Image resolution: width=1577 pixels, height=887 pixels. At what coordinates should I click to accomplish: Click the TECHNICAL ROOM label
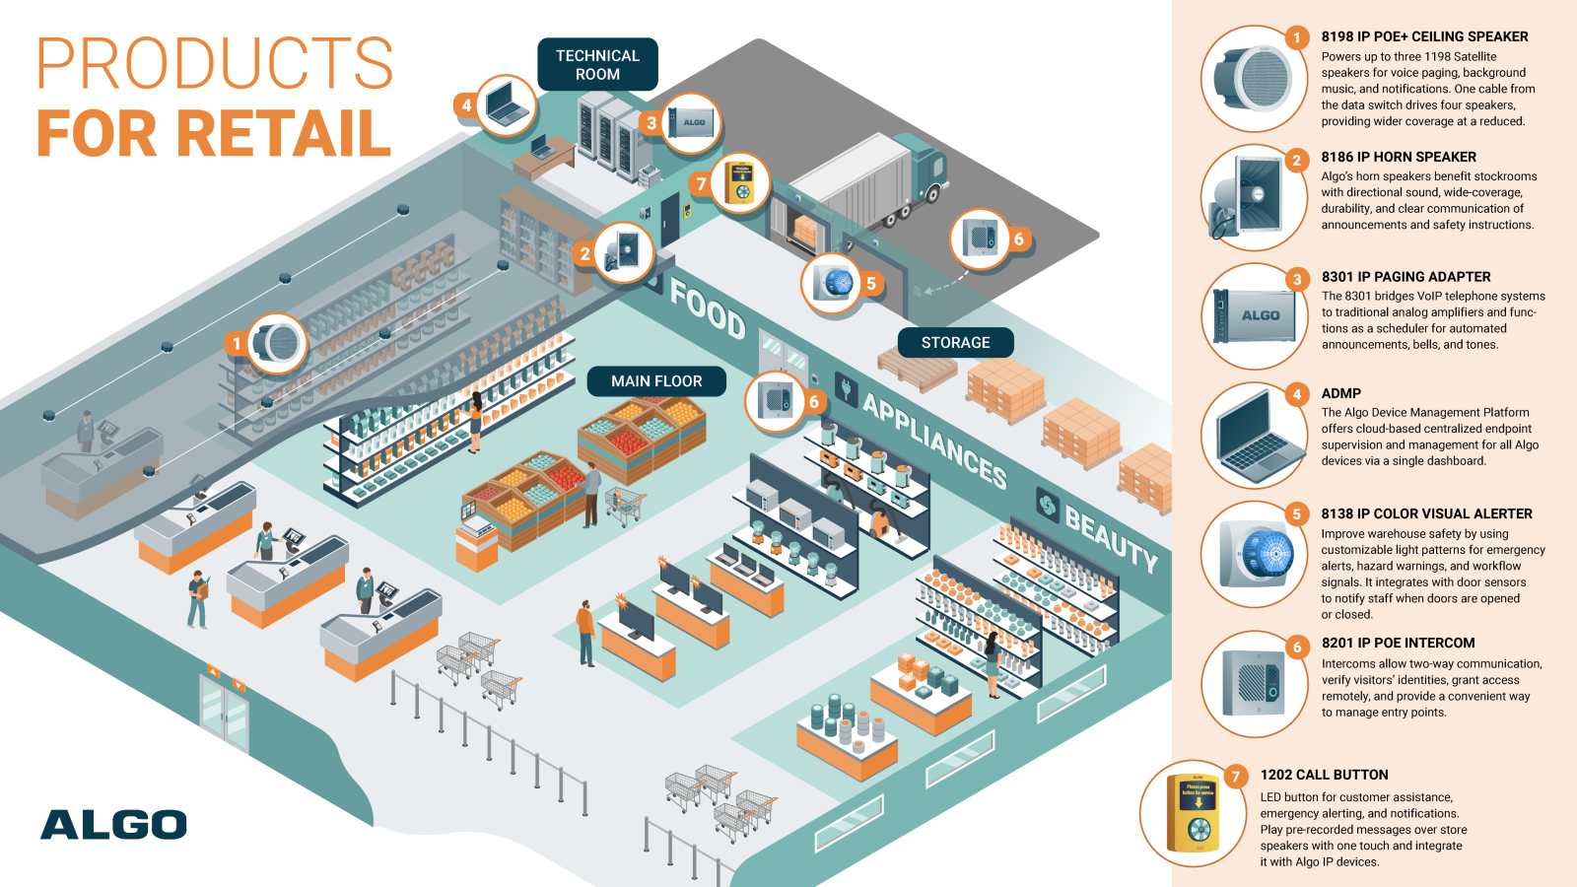[x=597, y=65]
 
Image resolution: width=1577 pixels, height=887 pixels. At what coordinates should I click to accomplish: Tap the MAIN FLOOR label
[x=656, y=381]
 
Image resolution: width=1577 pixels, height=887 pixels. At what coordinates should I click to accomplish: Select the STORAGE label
[x=955, y=343]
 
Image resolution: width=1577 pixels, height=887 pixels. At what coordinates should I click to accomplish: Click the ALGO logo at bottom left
[x=113, y=825]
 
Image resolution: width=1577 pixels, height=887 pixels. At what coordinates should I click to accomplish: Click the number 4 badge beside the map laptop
[x=466, y=105]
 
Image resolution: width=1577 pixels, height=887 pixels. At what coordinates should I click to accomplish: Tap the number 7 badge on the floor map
[x=702, y=183]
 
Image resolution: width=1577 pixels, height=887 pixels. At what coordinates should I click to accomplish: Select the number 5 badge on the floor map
[x=871, y=284]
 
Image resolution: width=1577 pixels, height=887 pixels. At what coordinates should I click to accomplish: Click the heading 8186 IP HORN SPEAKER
[x=1399, y=157]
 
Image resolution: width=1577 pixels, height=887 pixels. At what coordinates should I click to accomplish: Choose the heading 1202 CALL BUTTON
[x=1324, y=775]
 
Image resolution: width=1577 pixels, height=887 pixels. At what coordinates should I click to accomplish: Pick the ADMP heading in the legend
[x=1340, y=393]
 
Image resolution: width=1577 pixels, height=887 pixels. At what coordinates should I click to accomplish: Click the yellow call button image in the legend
[x=1194, y=814]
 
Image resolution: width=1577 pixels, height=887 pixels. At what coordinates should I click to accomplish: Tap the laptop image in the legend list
[x=1255, y=435]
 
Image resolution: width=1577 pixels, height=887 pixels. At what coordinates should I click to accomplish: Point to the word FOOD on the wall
[x=708, y=307]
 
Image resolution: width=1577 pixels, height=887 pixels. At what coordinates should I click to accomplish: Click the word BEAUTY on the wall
[x=1111, y=536]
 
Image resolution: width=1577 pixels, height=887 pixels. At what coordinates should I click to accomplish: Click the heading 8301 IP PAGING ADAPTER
[x=1406, y=277]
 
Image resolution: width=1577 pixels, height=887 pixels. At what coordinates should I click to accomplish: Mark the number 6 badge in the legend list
[x=1297, y=648]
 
